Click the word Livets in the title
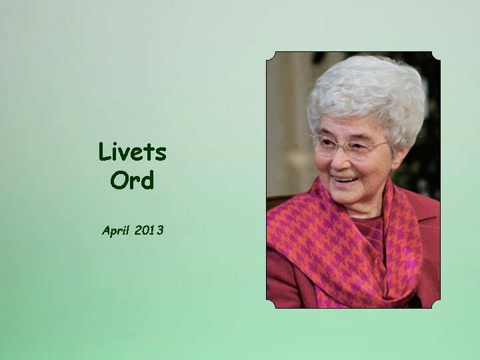point(132,152)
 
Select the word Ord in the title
point(132,180)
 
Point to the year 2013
point(149,231)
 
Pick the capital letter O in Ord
point(118,180)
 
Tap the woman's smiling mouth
point(345,179)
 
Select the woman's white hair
point(370,93)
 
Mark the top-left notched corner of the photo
point(270,55)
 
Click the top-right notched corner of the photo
point(436,55)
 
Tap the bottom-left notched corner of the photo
point(270,304)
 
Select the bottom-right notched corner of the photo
point(436,304)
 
